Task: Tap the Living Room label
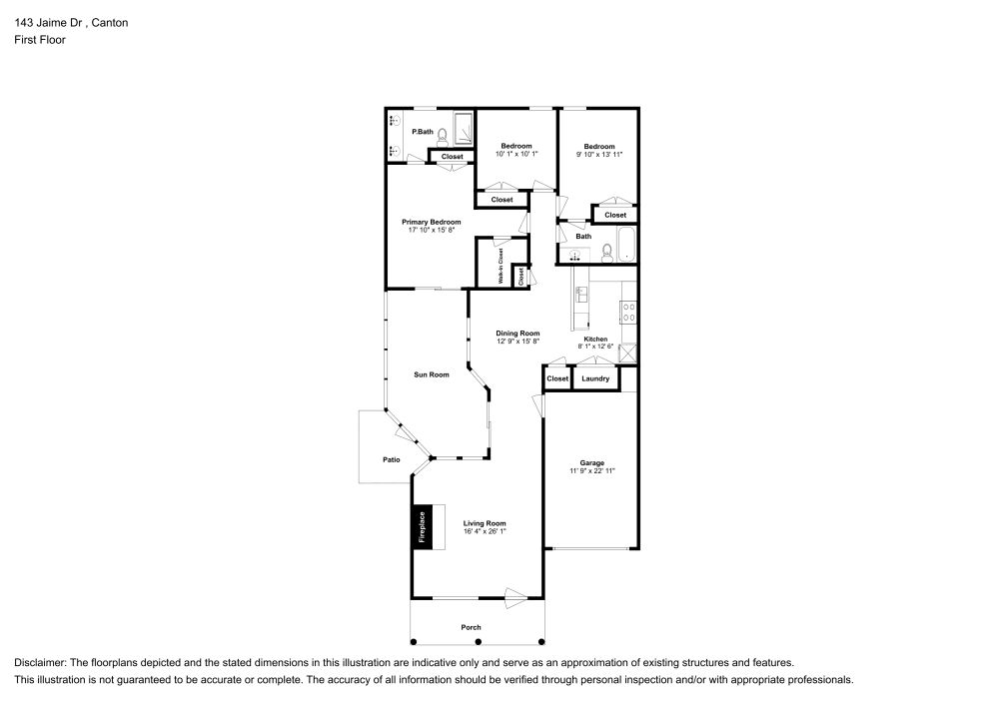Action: pyautogui.click(x=485, y=523)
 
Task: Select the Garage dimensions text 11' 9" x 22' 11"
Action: pyautogui.click(x=591, y=470)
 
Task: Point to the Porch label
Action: pyautogui.click(x=471, y=627)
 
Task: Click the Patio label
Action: pyautogui.click(x=391, y=459)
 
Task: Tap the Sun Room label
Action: pyautogui.click(x=432, y=374)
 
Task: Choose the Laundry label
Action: pyautogui.click(x=595, y=378)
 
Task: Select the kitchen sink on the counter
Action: pyautogui.click(x=580, y=294)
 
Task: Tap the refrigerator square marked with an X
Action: pyautogui.click(x=628, y=351)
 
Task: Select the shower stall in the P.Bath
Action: pyautogui.click(x=464, y=129)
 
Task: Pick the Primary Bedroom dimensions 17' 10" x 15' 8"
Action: pyautogui.click(x=432, y=230)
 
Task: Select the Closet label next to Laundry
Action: pyautogui.click(x=557, y=378)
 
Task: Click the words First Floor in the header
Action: pyautogui.click(x=40, y=40)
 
